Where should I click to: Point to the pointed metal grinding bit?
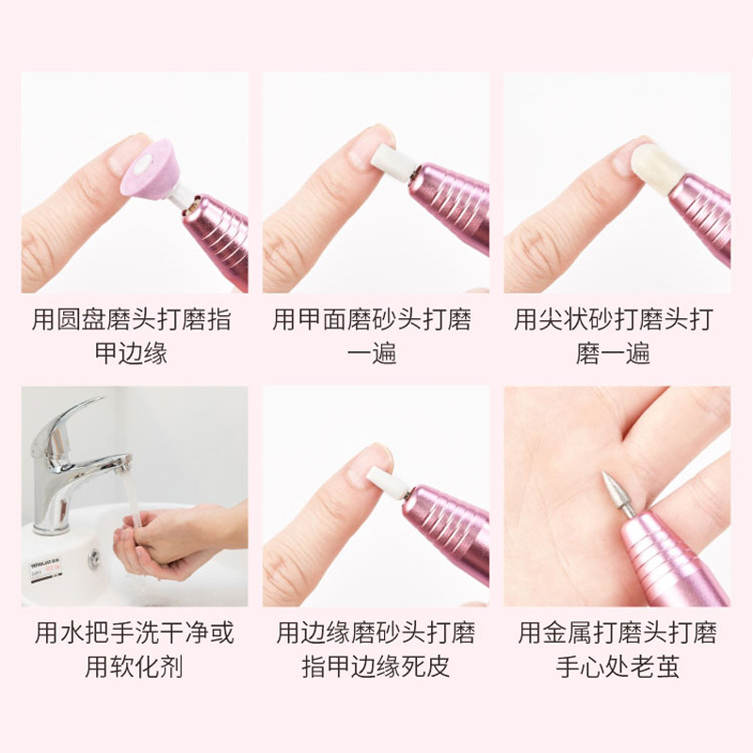618,495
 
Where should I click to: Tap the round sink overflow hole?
94,558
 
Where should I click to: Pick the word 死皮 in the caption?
425,667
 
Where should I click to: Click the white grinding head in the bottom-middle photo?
387,482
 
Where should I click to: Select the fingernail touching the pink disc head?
124,152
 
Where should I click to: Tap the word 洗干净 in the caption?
159,633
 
